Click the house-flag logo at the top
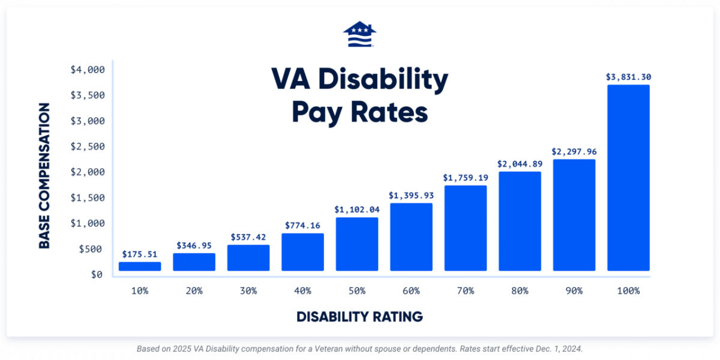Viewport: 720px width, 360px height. (x=360, y=35)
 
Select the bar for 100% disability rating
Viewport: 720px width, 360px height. (x=628, y=178)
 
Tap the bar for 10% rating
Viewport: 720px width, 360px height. (x=140, y=266)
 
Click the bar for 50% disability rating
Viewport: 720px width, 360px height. (x=357, y=244)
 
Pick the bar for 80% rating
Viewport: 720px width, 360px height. (x=520, y=221)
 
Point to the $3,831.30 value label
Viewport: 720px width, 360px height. (x=628, y=77)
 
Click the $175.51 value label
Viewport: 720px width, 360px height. (x=140, y=254)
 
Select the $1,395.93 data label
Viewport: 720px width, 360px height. (x=411, y=195)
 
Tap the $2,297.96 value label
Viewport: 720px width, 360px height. (x=574, y=151)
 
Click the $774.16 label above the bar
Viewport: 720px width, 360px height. (x=302, y=226)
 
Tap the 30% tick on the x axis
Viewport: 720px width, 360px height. (x=248, y=290)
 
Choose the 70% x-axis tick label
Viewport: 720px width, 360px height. (x=466, y=290)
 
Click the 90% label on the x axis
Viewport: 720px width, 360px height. (x=574, y=290)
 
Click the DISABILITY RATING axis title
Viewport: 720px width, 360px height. (x=360, y=316)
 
